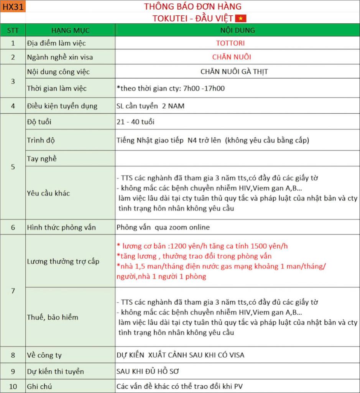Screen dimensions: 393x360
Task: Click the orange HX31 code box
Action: (x=13, y=7)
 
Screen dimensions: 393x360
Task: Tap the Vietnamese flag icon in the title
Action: (x=241, y=18)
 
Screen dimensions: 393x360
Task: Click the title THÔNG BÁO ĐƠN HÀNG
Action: (x=193, y=7)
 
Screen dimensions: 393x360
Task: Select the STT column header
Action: (x=13, y=30)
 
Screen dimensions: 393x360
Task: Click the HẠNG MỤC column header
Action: (x=70, y=30)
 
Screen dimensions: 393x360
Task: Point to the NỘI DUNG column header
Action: (x=237, y=30)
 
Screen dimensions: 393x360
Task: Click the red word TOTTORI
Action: (x=230, y=43)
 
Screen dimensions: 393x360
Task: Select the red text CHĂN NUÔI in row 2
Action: (x=232, y=57)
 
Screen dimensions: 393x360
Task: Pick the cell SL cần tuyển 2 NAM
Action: (x=150, y=106)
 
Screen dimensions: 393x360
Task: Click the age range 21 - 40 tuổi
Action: (x=136, y=122)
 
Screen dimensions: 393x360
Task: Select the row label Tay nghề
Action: (x=42, y=159)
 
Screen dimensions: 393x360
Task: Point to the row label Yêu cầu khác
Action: (x=48, y=193)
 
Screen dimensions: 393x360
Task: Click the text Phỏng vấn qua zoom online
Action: (x=163, y=227)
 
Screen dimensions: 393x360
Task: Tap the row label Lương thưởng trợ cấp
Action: (x=63, y=261)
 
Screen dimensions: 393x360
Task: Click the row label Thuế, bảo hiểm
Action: (x=53, y=317)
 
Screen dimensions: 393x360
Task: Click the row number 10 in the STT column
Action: (x=13, y=386)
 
